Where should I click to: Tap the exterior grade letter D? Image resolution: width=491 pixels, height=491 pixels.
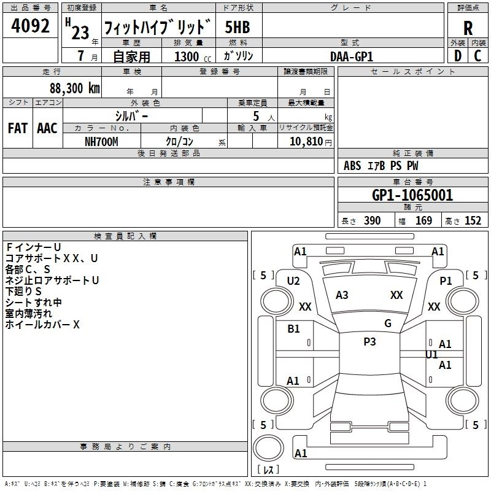(x=457, y=56)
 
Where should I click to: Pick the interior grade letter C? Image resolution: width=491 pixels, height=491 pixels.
(x=477, y=56)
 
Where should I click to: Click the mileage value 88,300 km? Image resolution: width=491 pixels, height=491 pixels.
(x=75, y=88)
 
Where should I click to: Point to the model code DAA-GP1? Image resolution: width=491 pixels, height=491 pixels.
(x=352, y=56)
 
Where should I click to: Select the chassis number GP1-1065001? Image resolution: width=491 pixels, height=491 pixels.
(x=412, y=195)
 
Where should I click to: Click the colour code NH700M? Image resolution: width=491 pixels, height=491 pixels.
(x=101, y=141)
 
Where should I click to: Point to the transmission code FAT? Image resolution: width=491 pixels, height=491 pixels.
(x=17, y=128)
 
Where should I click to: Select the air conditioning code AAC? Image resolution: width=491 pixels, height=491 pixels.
(x=47, y=128)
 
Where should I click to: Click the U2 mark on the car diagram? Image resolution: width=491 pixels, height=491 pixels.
(x=293, y=280)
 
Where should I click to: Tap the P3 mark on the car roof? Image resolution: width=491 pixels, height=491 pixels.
(x=369, y=342)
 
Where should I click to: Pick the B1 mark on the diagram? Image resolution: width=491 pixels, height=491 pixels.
(x=293, y=328)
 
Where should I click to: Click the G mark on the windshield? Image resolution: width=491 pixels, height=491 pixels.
(x=387, y=323)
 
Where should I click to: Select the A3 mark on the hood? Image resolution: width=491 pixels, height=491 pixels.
(x=342, y=295)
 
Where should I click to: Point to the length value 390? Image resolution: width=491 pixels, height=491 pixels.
(x=372, y=221)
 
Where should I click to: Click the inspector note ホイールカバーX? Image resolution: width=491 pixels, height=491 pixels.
(x=42, y=325)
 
